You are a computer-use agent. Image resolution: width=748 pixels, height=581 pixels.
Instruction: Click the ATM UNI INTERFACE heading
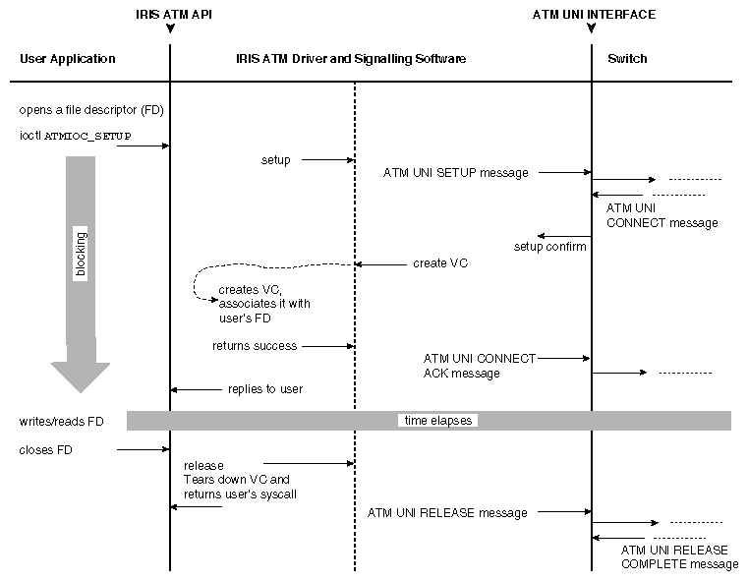(594, 15)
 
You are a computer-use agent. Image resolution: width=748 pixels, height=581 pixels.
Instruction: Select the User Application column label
(68, 59)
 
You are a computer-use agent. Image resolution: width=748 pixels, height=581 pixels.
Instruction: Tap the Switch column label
(627, 59)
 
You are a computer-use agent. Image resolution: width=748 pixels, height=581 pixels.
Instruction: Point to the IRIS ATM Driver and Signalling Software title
(351, 59)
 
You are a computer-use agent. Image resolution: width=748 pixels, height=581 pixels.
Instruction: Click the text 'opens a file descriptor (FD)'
(90, 110)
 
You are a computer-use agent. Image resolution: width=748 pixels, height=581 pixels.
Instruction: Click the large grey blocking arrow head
(81, 374)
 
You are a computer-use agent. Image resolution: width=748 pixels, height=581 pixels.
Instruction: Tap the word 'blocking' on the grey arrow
(82, 255)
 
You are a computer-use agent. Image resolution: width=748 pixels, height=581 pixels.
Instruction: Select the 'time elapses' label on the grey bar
(438, 421)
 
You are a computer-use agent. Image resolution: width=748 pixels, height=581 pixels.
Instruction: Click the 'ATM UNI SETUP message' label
(456, 173)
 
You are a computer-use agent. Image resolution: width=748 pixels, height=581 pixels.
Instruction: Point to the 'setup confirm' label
(550, 247)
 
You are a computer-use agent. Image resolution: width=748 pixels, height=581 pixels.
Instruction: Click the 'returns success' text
(255, 346)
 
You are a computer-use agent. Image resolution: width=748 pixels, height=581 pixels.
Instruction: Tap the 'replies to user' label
(265, 389)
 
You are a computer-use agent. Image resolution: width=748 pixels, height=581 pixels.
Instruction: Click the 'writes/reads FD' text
(61, 422)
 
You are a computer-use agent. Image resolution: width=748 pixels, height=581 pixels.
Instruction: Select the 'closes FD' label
(46, 450)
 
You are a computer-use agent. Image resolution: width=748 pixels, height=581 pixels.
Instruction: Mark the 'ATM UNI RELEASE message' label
(447, 512)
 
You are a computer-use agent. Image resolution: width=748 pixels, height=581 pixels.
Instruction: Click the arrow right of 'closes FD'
(144, 450)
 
